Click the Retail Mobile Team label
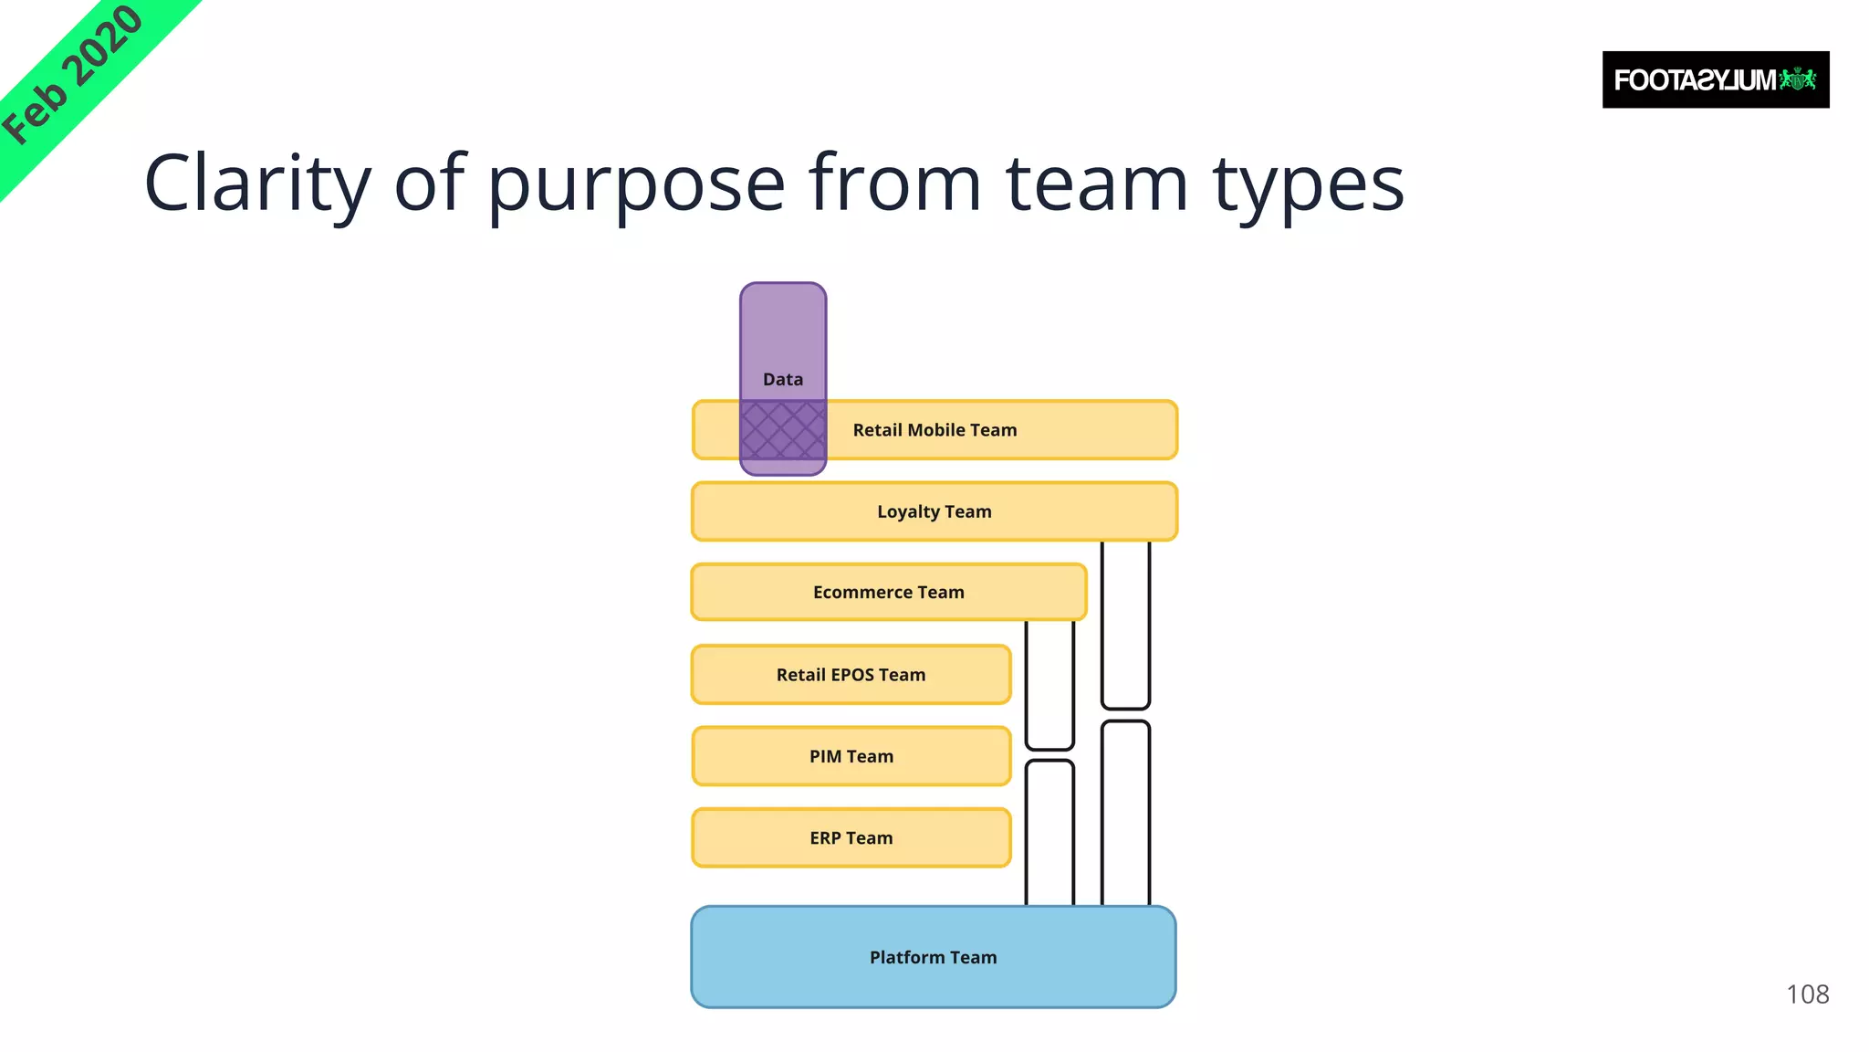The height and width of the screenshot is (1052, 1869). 934,430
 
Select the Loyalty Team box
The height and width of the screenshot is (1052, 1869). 934,511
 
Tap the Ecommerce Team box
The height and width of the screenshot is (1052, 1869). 888,593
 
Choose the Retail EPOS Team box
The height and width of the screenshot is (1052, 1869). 851,675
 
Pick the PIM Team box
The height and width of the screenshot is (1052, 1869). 851,756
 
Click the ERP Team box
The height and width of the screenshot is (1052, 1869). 851,838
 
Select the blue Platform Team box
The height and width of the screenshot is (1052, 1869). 933,957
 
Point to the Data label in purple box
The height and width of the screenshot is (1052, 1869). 783,380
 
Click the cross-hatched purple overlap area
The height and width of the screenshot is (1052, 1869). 783,430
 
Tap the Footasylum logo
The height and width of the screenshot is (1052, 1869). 1715,80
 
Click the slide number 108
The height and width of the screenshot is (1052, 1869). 1807,994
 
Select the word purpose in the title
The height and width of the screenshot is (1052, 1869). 636,184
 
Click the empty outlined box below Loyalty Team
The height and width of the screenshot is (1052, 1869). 1125,625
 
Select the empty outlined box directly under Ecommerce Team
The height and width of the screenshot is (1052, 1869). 1049,684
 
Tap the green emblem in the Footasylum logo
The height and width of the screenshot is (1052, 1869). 1799,79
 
